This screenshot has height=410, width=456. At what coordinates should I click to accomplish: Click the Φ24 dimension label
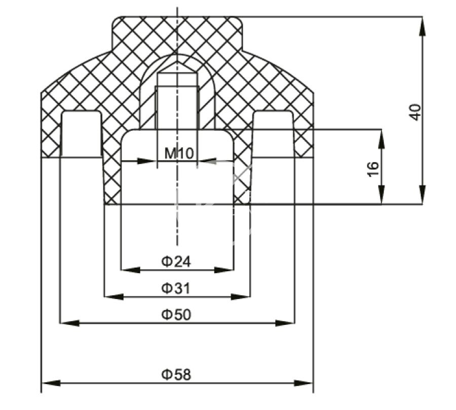coord(176,262)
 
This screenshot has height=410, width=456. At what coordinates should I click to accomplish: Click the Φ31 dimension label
coord(176,289)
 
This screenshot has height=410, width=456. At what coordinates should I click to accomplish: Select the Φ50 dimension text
coord(176,315)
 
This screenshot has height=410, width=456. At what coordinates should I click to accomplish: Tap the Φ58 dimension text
coord(176,375)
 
